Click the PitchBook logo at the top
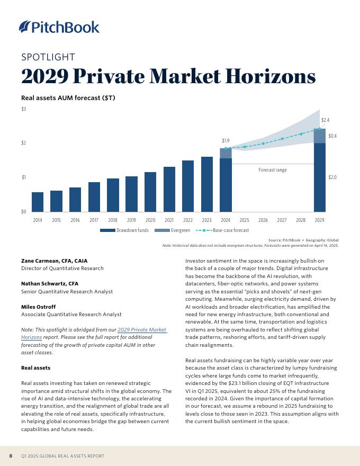pos(59,27)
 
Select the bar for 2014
pos(38,202)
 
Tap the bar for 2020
pos(150,192)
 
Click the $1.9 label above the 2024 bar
pos(226,141)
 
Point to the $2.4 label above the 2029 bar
pos(325,121)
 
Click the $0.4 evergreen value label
pos(332,136)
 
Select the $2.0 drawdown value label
pos(332,177)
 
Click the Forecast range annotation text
pos(272,170)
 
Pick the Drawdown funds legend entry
pos(124,230)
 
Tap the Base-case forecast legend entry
pos(222,230)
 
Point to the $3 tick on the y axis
pos(24,109)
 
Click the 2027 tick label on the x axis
pos(282,220)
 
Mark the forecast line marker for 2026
pos(263,144)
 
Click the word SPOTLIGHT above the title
pos(48,57)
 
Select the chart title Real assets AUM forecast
pos(68,98)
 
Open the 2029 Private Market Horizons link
pos(141,330)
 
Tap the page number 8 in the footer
pos(11,456)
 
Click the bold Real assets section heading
pos(35,368)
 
